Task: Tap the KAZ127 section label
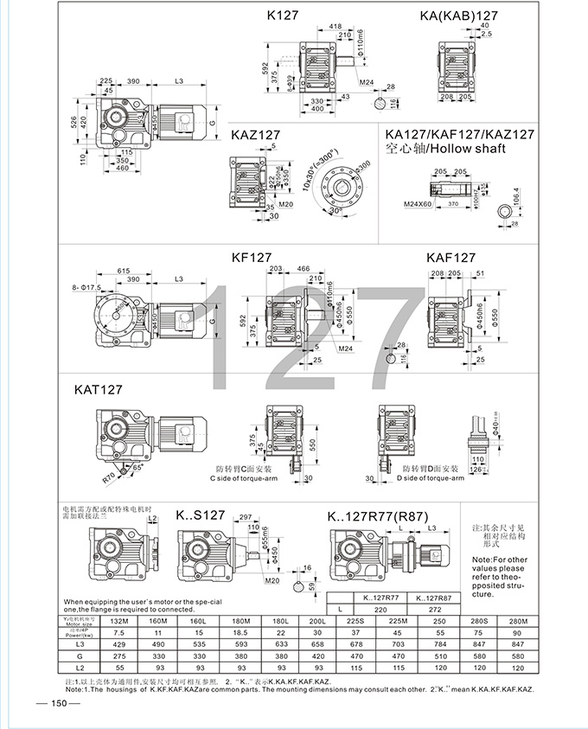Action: pyautogui.click(x=256, y=135)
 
